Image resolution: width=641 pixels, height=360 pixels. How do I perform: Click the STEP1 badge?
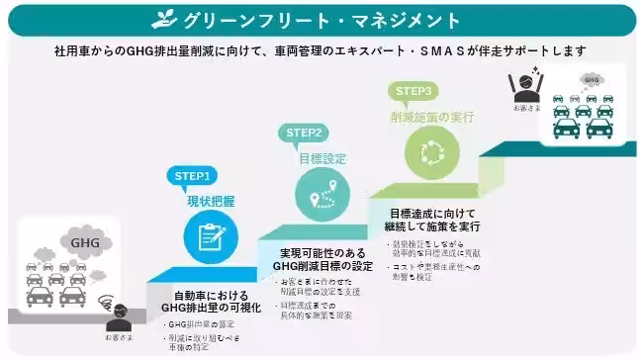[x=194, y=176]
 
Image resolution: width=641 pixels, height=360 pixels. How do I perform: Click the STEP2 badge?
[x=306, y=133]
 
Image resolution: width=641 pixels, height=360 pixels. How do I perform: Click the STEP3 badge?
[x=414, y=90]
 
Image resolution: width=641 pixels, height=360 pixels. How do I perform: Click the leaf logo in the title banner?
[x=164, y=19]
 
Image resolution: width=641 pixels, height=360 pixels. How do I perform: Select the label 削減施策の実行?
[x=432, y=117]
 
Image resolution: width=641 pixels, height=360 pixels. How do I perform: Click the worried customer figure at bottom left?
[x=119, y=317]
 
